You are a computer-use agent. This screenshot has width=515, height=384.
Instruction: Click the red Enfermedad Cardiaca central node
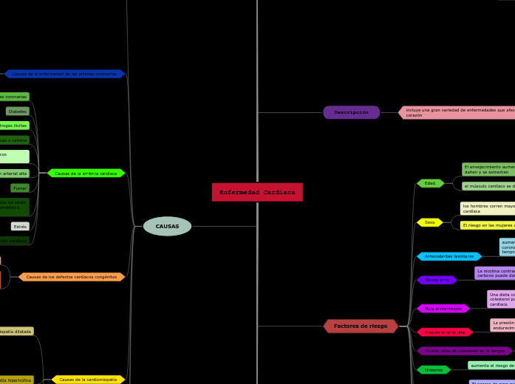pyautogui.click(x=257, y=192)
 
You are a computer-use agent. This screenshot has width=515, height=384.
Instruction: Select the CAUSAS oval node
pyautogui.click(x=167, y=226)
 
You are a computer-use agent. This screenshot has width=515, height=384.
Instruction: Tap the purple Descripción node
pyautogui.click(x=351, y=112)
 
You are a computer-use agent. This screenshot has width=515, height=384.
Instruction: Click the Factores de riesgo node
pyautogui.click(x=361, y=326)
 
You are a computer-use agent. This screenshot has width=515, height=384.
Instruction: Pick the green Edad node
pyautogui.click(x=430, y=183)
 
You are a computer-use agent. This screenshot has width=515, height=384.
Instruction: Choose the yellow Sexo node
pyautogui.click(x=429, y=222)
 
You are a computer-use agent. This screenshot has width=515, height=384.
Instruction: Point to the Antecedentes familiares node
pyautogui.click(x=449, y=256)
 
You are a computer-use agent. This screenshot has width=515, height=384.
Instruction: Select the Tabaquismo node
pyautogui.click(x=436, y=280)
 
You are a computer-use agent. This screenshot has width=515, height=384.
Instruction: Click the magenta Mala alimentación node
pyautogui.click(x=443, y=308)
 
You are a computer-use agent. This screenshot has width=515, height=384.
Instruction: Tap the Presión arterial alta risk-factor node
pyautogui.click(x=444, y=332)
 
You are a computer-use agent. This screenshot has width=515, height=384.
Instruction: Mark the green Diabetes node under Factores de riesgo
pyautogui.click(x=433, y=369)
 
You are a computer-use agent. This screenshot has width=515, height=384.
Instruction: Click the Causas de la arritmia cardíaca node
pyautogui.click(x=86, y=173)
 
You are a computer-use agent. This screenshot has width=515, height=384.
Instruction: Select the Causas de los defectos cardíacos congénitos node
pyautogui.click(x=72, y=277)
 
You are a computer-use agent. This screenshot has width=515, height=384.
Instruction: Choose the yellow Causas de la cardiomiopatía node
pyautogui.click(x=88, y=379)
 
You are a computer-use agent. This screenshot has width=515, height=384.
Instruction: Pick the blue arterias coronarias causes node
pyautogui.click(x=64, y=74)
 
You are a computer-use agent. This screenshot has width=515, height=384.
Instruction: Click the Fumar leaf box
pyautogui.click(x=20, y=188)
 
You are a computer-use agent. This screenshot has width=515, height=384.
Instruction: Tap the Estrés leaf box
pyautogui.click(x=20, y=227)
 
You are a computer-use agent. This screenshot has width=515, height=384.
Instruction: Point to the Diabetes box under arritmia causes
pyautogui.click(x=18, y=112)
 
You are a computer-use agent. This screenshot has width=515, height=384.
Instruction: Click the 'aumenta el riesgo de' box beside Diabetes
pyautogui.click(x=491, y=366)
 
